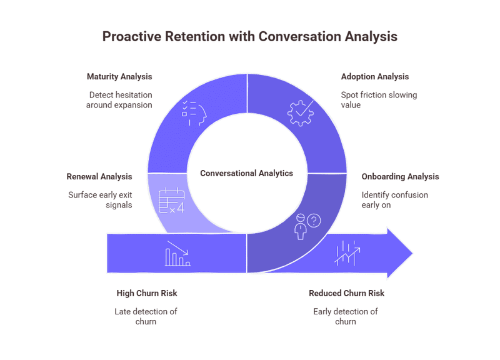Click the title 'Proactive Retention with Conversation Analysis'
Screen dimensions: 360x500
coord(249,37)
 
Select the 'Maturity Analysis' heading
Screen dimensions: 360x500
coord(119,77)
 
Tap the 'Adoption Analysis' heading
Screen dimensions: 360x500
coord(374,77)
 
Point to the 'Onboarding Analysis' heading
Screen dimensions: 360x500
coord(400,177)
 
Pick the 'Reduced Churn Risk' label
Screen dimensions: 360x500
coord(346,293)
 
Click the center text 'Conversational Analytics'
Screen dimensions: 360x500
coord(246,173)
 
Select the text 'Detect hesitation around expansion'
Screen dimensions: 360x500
coord(120,100)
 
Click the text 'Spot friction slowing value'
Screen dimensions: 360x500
coord(379,100)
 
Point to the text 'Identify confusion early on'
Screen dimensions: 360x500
coord(394,200)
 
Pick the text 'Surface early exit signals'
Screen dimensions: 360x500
coord(100,200)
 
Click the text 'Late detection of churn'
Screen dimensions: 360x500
coord(146,316)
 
